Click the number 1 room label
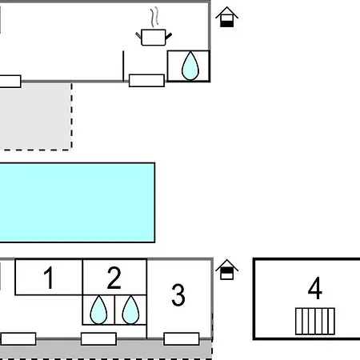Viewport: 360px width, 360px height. click(49, 278)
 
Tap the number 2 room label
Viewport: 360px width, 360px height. click(114, 278)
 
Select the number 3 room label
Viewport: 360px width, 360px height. click(178, 294)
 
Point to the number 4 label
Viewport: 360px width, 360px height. click(315, 288)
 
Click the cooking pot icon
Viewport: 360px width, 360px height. click(154, 38)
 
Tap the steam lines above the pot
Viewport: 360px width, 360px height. click(154, 17)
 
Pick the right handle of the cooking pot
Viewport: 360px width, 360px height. click(169, 36)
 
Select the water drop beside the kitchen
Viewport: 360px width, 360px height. click(190, 66)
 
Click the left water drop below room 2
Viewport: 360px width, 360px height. click(98, 310)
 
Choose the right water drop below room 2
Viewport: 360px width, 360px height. click(130, 310)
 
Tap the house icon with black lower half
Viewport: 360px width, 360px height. click(226, 17)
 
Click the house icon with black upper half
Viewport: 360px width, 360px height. click(226, 270)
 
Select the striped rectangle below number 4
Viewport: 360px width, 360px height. click(315, 321)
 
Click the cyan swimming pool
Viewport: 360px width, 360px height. click(78, 202)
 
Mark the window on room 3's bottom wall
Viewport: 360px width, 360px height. click(182, 338)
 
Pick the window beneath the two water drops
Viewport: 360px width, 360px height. click(98, 338)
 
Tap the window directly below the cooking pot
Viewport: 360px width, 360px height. click(146, 81)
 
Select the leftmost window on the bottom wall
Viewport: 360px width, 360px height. click(18, 338)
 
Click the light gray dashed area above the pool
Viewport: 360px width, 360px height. click(36, 116)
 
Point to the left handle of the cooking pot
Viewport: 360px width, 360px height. click(138, 36)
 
